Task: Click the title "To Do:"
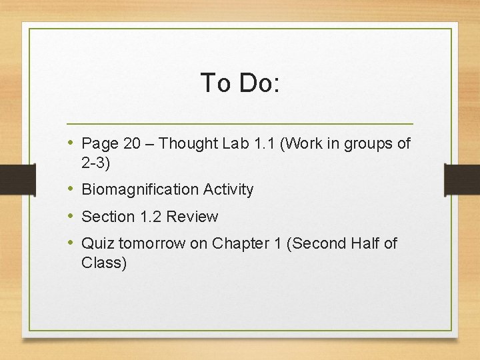[x=240, y=83]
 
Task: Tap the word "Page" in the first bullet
[x=99, y=144]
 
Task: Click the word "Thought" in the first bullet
[x=189, y=143]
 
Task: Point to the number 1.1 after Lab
[x=265, y=143]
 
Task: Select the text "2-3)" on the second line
[x=95, y=162]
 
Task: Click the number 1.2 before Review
[x=151, y=217]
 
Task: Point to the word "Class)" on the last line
[x=104, y=263]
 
